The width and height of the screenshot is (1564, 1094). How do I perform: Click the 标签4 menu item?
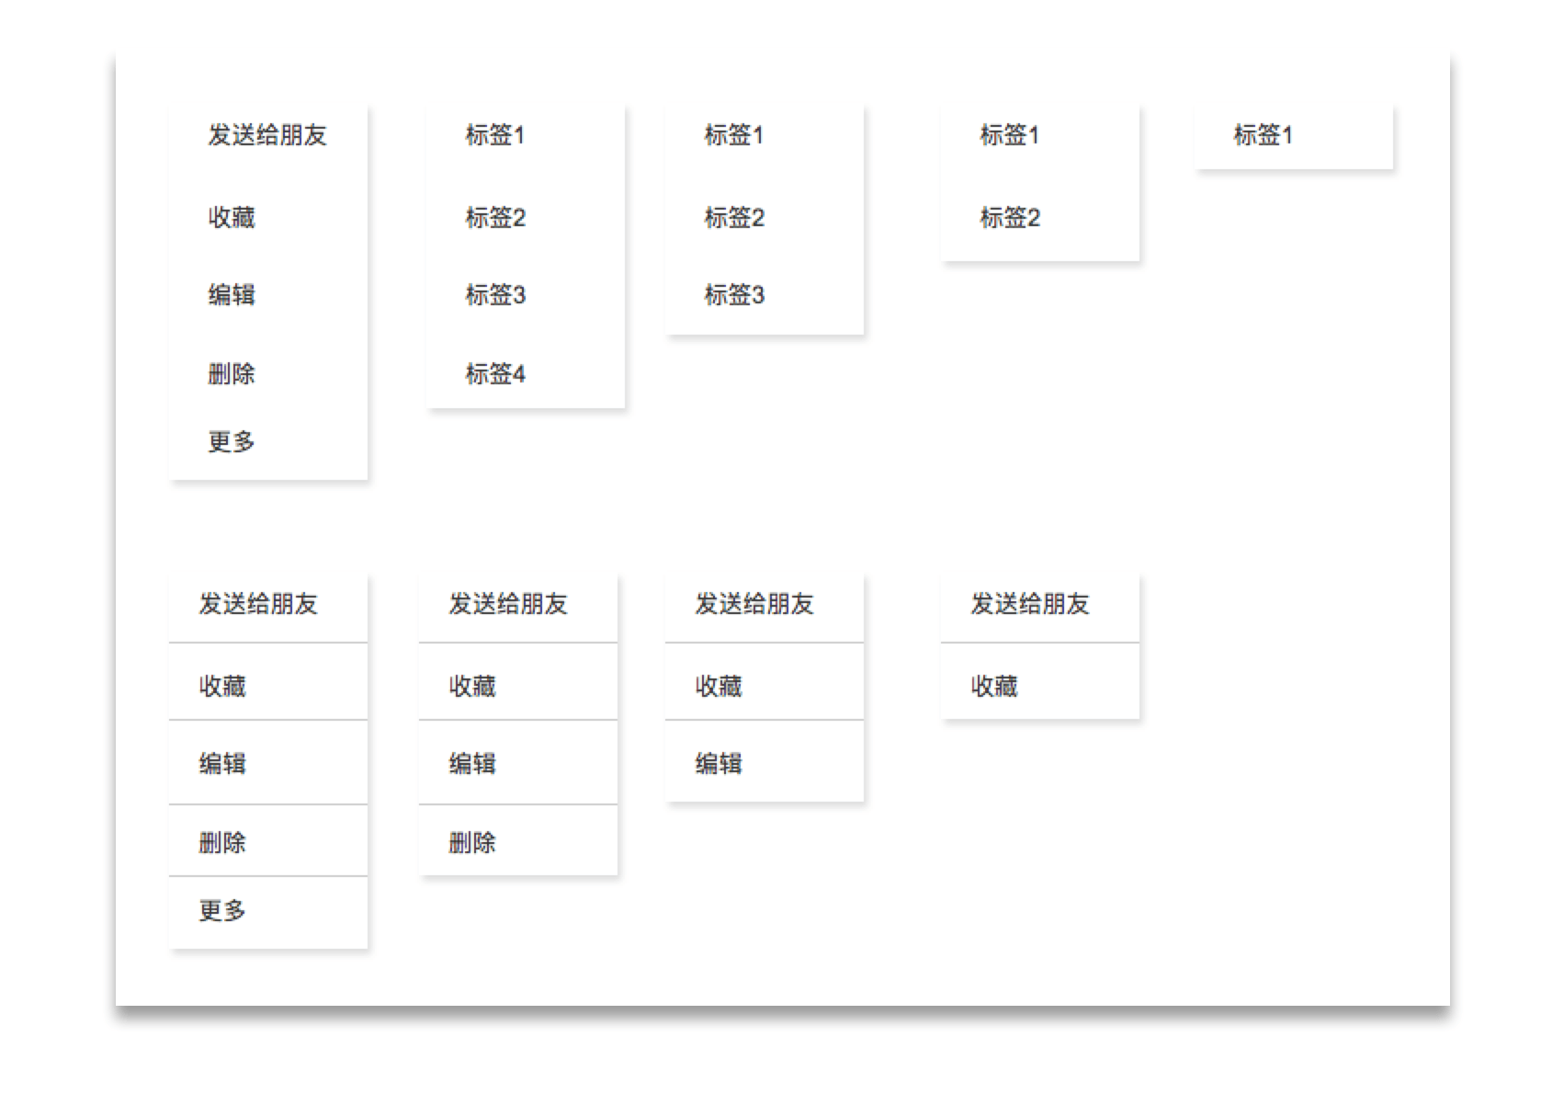[495, 374]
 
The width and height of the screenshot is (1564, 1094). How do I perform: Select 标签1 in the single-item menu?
[1264, 135]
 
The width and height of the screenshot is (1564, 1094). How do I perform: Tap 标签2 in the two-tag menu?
[1010, 217]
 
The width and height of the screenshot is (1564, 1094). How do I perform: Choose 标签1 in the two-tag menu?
[1010, 135]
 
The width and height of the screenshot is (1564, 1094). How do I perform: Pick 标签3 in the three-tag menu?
[734, 295]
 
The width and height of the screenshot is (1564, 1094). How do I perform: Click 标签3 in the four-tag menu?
[495, 295]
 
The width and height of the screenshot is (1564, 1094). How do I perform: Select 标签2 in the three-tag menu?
[734, 217]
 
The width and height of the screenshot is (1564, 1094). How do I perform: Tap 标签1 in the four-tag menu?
[495, 135]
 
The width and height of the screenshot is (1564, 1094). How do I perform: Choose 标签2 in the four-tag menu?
[495, 217]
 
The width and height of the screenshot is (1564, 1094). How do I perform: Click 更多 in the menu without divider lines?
[232, 441]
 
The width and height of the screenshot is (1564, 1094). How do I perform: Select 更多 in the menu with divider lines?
[222, 910]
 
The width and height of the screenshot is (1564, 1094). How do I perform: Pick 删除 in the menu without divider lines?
[232, 374]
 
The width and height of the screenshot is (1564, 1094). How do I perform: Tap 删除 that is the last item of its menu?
[472, 842]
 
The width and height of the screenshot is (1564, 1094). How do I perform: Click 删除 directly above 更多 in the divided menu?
[222, 842]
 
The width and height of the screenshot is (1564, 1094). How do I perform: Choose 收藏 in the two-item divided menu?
[994, 686]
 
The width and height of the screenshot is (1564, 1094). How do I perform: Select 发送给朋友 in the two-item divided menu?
[1030, 604]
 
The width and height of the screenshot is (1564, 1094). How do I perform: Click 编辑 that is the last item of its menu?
[719, 764]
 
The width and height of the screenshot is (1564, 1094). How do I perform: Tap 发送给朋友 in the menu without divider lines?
[267, 135]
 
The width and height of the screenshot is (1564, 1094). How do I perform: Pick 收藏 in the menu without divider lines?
[232, 217]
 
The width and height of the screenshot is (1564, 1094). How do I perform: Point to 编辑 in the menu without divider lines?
[232, 295]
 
